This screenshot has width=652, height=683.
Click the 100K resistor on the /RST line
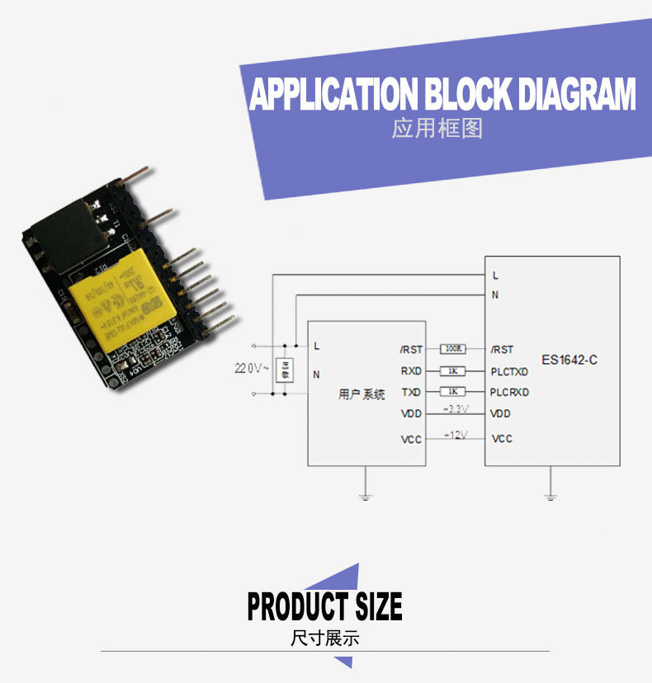(x=453, y=350)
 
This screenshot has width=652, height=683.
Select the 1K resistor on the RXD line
(x=453, y=371)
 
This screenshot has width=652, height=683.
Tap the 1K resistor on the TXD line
(x=453, y=392)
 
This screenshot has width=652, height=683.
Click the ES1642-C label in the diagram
(x=569, y=360)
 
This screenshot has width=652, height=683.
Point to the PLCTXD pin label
(x=509, y=371)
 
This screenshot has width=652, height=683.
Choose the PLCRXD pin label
(x=509, y=392)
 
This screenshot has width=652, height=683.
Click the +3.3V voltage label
(x=456, y=409)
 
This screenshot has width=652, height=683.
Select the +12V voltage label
(x=456, y=435)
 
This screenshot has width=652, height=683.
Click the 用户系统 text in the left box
(x=361, y=394)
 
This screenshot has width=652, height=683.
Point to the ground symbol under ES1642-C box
(x=550, y=496)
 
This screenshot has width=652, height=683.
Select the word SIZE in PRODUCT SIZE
(x=378, y=606)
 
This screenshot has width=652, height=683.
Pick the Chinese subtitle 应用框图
(x=437, y=129)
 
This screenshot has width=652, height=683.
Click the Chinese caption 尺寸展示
(x=325, y=638)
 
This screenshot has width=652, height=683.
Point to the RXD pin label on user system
(x=411, y=371)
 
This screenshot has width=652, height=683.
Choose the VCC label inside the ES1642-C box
(x=502, y=439)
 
